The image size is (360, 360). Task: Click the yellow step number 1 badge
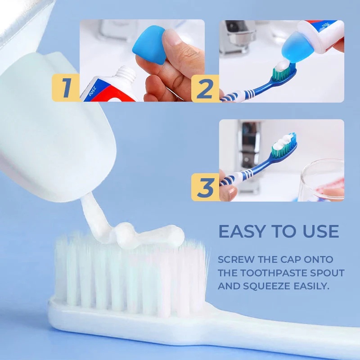coord(66,88)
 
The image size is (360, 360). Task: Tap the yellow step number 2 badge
coord(205,88)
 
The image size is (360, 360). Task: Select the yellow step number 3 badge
coord(205,187)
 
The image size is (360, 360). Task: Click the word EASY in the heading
coord(243,231)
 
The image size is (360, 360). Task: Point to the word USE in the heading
coord(321,231)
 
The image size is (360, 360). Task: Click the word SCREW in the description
coord(236,260)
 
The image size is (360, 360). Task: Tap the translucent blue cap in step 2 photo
coord(295,48)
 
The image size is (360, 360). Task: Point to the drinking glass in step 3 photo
coord(322,182)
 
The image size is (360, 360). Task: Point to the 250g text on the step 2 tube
coord(325,25)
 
